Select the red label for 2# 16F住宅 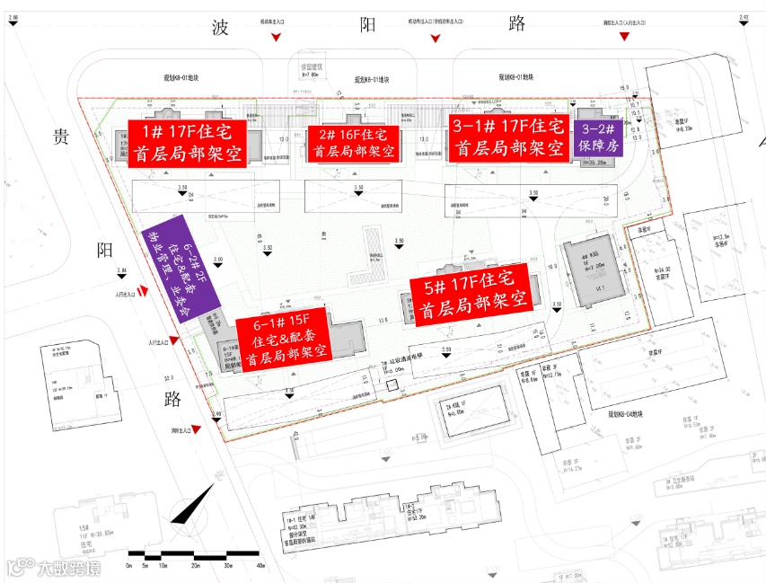coord(353,144)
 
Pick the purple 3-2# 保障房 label coord(599,137)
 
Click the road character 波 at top coord(221,27)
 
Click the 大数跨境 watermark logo coord(54,568)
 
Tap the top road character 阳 coord(368,25)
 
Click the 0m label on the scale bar coord(130,568)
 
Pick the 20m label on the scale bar coord(195,568)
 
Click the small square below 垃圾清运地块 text coord(392,386)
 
